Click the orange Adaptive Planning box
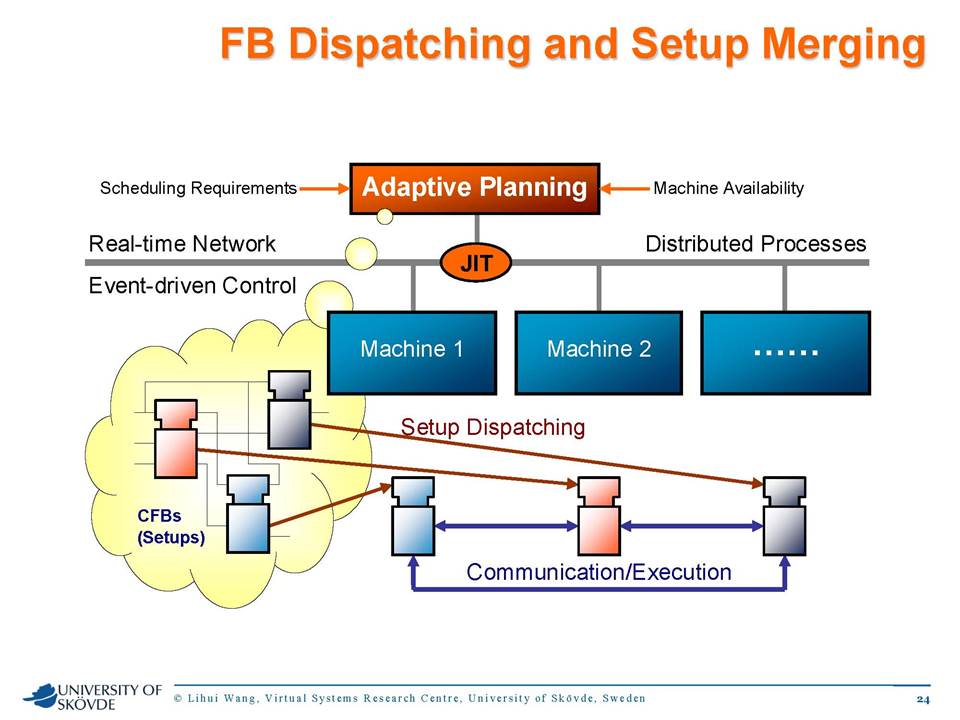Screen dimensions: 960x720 pyautogui.click(x=474, y=189)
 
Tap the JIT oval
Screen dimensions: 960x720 pyautogui.click(x=476, y=263)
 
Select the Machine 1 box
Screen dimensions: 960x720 pyautogui.click(x=412, y=353)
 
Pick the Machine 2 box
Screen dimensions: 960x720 pyautogui.click(x=599, y=353)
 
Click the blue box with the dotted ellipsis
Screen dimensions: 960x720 pyautogui.click(x=786, y=353)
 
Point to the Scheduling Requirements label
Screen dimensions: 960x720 pyautogui.click(x=198, y=188)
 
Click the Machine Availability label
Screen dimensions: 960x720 pyautogui.click(x=729, y=188)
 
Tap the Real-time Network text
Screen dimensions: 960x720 pyautogui.click(x=182, y=244)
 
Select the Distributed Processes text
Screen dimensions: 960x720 pyautogui.click(x=756, y=244)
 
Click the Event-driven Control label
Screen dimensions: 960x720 pyautogui.click(x=192, y=285)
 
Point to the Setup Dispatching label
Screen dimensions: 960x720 pyautogui.click(x=493, y=427)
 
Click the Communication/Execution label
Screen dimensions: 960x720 pyautogui.click(x=599, y=572)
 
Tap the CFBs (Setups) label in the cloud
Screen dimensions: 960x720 pyautogui.click(x=171, y=527)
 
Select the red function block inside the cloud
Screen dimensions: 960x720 pyautogui.click(x=176, y=438)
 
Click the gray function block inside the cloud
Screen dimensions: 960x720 pyautogui.click(x=290, y=410)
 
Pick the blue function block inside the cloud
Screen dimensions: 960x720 pyautogui.click(x=248, y=514)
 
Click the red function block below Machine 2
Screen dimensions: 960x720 pyautogui.click(x=599, y=517)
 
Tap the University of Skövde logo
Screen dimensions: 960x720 pyautogui.click(x=92, y=697)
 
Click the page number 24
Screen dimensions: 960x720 pyautogui.click(x=923, y=699)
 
